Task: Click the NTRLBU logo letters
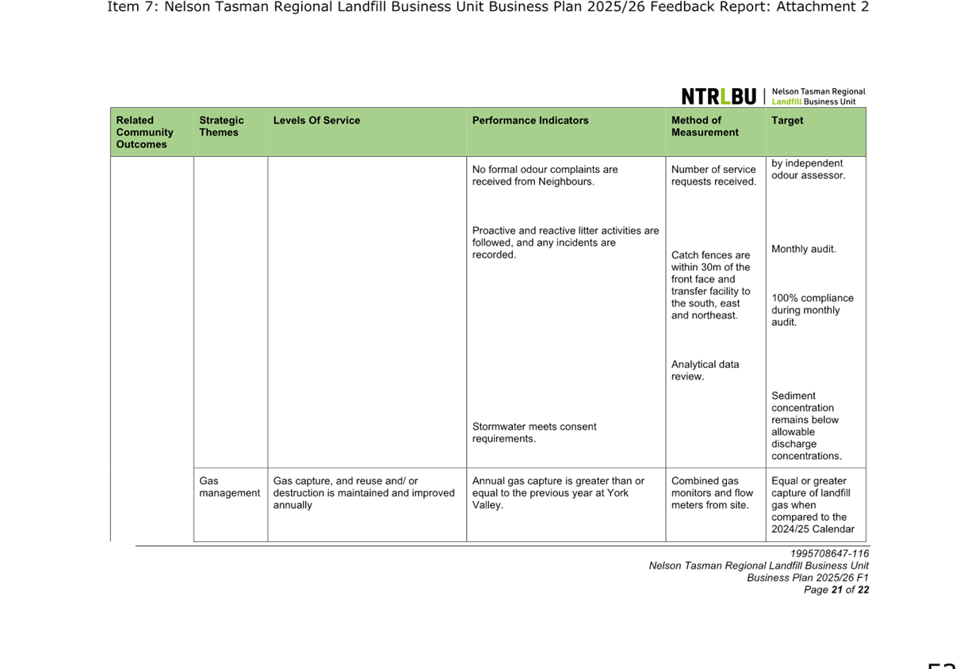719,96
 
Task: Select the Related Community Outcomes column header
144,132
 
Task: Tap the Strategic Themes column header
221,126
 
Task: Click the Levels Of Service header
316,120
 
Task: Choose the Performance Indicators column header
530,120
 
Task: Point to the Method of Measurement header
705,126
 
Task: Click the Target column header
787,120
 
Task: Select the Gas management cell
229,487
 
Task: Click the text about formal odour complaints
545,175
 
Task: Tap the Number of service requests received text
714,175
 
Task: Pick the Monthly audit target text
804,250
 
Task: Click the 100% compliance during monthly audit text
812,311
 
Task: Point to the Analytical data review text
705,370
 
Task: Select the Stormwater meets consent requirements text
534,433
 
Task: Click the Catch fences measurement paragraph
711,285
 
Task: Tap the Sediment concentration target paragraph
806,426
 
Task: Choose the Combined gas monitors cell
712,493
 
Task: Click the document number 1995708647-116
830,553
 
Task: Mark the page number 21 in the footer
836,590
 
